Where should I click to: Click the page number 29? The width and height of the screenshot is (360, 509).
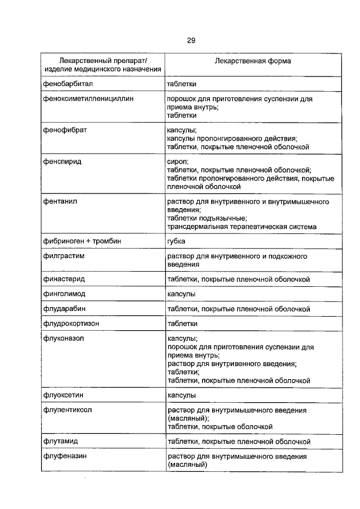click(x=191, y=40)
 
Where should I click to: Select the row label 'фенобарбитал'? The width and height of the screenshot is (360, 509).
click(x=67, y=83)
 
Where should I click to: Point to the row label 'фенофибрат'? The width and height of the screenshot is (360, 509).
click(x=64, y=130)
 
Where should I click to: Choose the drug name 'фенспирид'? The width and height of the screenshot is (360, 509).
click(x=62, y=161)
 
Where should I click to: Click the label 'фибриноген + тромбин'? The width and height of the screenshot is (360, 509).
click(x=82, y=241)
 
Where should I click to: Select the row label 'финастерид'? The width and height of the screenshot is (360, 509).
click(x=64, y=279)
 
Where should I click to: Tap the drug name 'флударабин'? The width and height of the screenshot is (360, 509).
click(x=64, y=309)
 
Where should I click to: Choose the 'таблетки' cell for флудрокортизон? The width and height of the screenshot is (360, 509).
click(x=182, y=324)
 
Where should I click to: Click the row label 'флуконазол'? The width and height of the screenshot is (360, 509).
click(x=64, y=339)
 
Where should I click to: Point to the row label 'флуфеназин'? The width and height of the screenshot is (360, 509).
click(x=64, y=457)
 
